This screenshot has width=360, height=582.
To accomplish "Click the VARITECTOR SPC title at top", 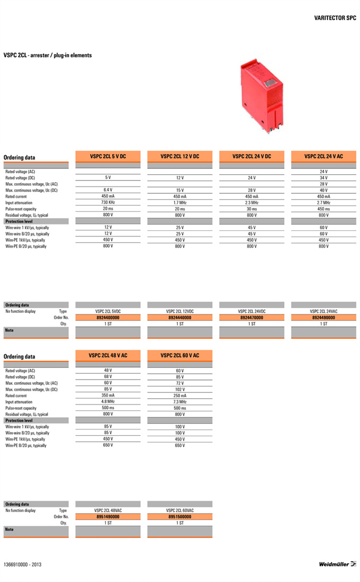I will click(335, 17).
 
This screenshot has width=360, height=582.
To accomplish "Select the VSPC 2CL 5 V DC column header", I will click(108, 156).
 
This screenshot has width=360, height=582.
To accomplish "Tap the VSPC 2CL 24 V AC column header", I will click(323, 156).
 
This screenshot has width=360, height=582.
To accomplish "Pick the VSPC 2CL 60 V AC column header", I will click(180, 355).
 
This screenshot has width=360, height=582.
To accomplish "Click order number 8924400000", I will click(108, 318).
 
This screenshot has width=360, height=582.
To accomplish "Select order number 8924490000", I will click(323, 318).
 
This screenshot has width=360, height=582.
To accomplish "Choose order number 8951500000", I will click(180, 516).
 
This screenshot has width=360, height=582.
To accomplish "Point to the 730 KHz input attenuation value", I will click(108, 202).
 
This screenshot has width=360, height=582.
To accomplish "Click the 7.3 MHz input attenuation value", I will click(180, 402).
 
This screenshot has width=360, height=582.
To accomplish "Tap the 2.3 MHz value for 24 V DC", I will click(251, 202).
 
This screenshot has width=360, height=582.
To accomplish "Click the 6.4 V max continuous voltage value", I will click(108, 190).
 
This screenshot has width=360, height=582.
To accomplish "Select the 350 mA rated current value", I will click(108, 396).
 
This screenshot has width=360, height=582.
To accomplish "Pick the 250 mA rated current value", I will click(180, 396).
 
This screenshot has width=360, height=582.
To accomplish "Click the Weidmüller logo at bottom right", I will click(337, 564).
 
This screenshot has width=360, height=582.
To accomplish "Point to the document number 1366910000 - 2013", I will click(22, 565).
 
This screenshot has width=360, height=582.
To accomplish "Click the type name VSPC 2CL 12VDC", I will click(180, 311).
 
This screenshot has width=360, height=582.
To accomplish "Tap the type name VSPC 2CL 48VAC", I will click(108, 510).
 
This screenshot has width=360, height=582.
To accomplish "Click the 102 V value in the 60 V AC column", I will click(180, 389).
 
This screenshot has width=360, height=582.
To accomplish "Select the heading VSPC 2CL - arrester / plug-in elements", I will click(48, 55).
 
